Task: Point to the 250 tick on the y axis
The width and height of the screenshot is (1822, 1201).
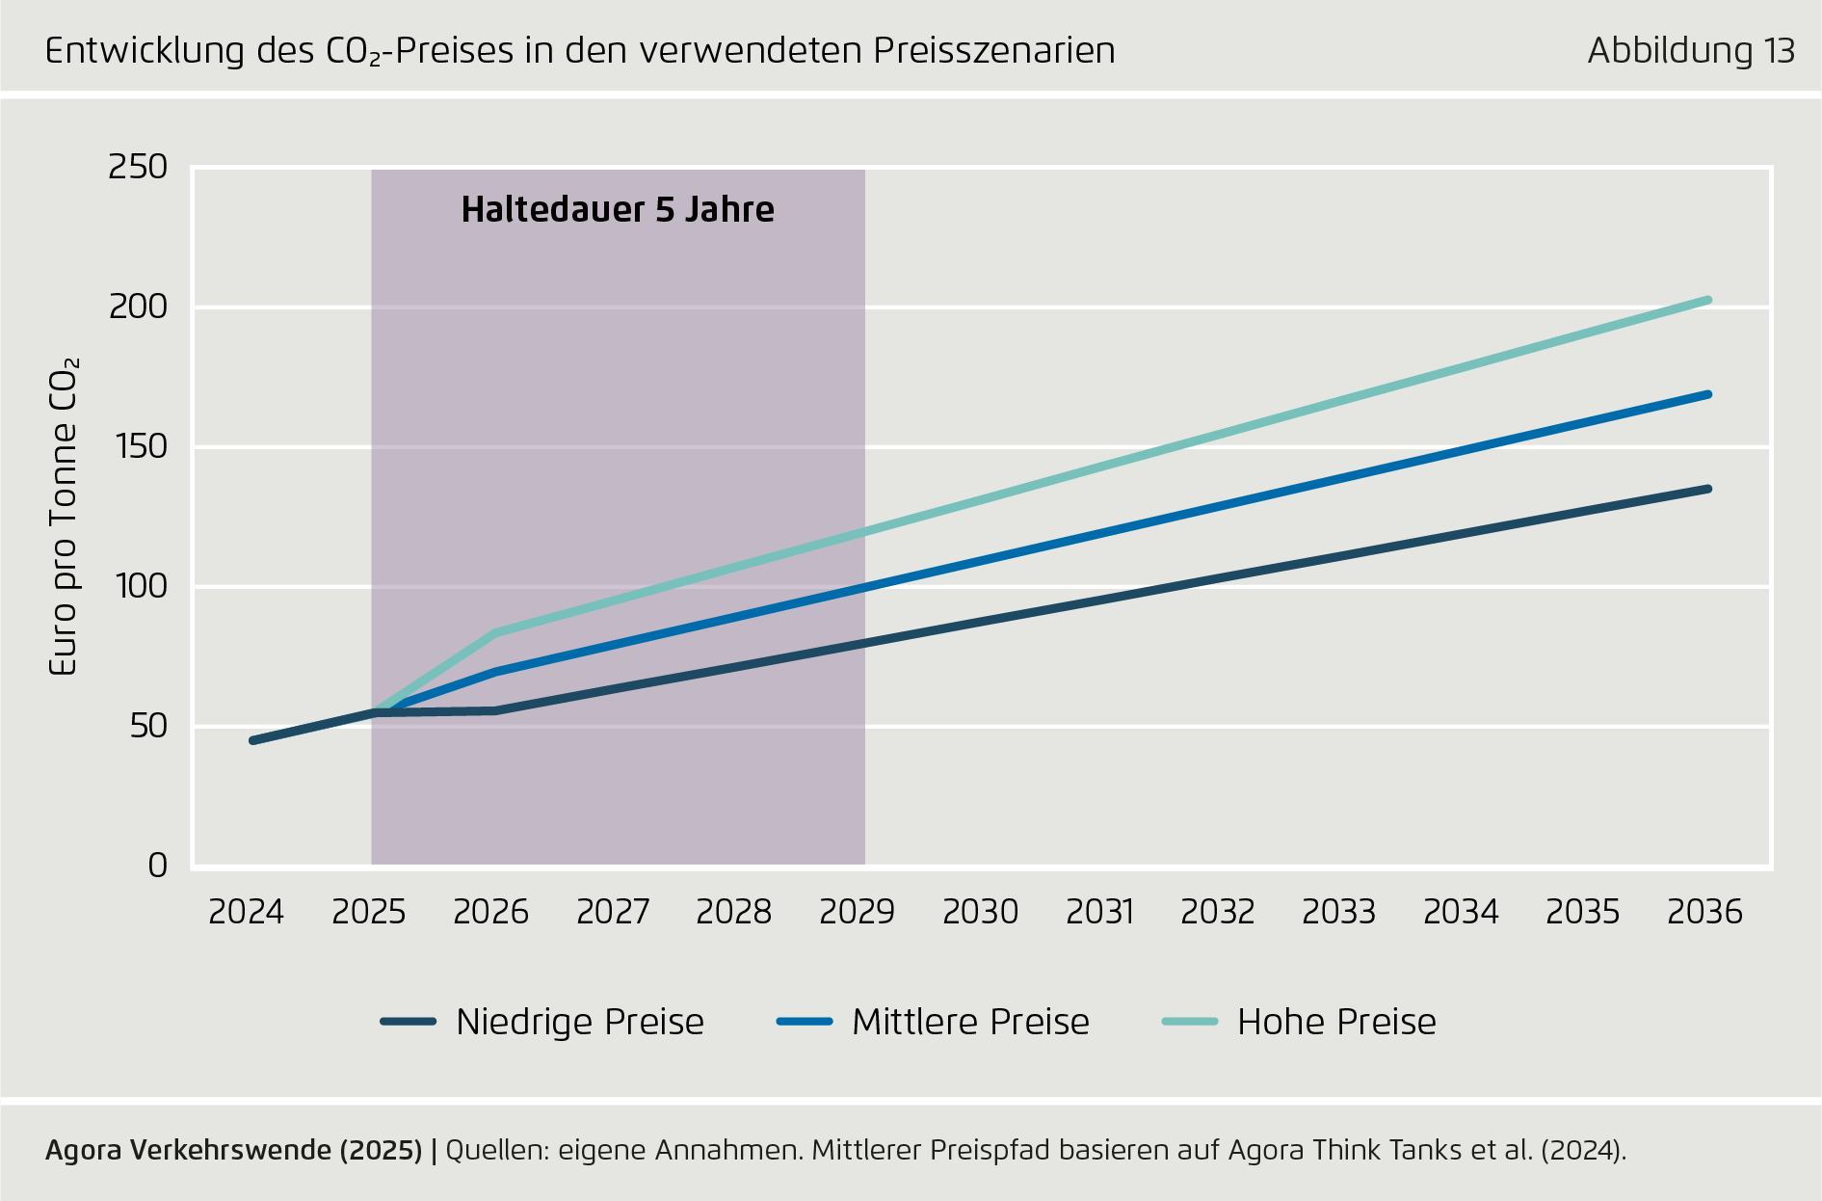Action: pyautogui.click(x=138, y=168)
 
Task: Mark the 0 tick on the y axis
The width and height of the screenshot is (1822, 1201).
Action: pyautogui.click(x=157, y=866)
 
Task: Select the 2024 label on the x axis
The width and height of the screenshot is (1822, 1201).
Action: pyautogui.click(x=247, y=912)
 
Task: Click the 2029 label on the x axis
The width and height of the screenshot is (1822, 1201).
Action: pyautogui.click(x=857, y=912)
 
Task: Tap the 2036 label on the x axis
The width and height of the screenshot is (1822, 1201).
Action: pyautogui.click(x=1704, y=912)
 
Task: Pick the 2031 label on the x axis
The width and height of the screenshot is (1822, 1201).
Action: pyautogui.click(x=1100, y=912)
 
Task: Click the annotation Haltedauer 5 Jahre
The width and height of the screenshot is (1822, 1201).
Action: pyautogui.click(x=618, y=210)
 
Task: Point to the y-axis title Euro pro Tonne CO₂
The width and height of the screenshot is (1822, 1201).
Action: pyautogui.click(x=64, y=518)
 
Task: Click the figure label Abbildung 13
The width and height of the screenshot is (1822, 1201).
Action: pyautogui.click(x=1691, y=51)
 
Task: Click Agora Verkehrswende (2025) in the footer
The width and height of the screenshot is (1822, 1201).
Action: pyautogui.click(x=234, y=1150)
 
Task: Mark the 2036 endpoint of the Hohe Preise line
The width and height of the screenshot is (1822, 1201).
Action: pyautogui.click(x=1707, y=301)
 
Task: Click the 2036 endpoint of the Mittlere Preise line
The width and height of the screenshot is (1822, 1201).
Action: pyautogui.click(x=1707, y=394)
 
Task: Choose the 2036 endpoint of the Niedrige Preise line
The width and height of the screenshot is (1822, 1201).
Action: pyautogui.click(x=1707, y=489)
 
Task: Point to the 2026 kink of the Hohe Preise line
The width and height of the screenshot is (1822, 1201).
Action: pyautogui.click(x=495, y=632)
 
